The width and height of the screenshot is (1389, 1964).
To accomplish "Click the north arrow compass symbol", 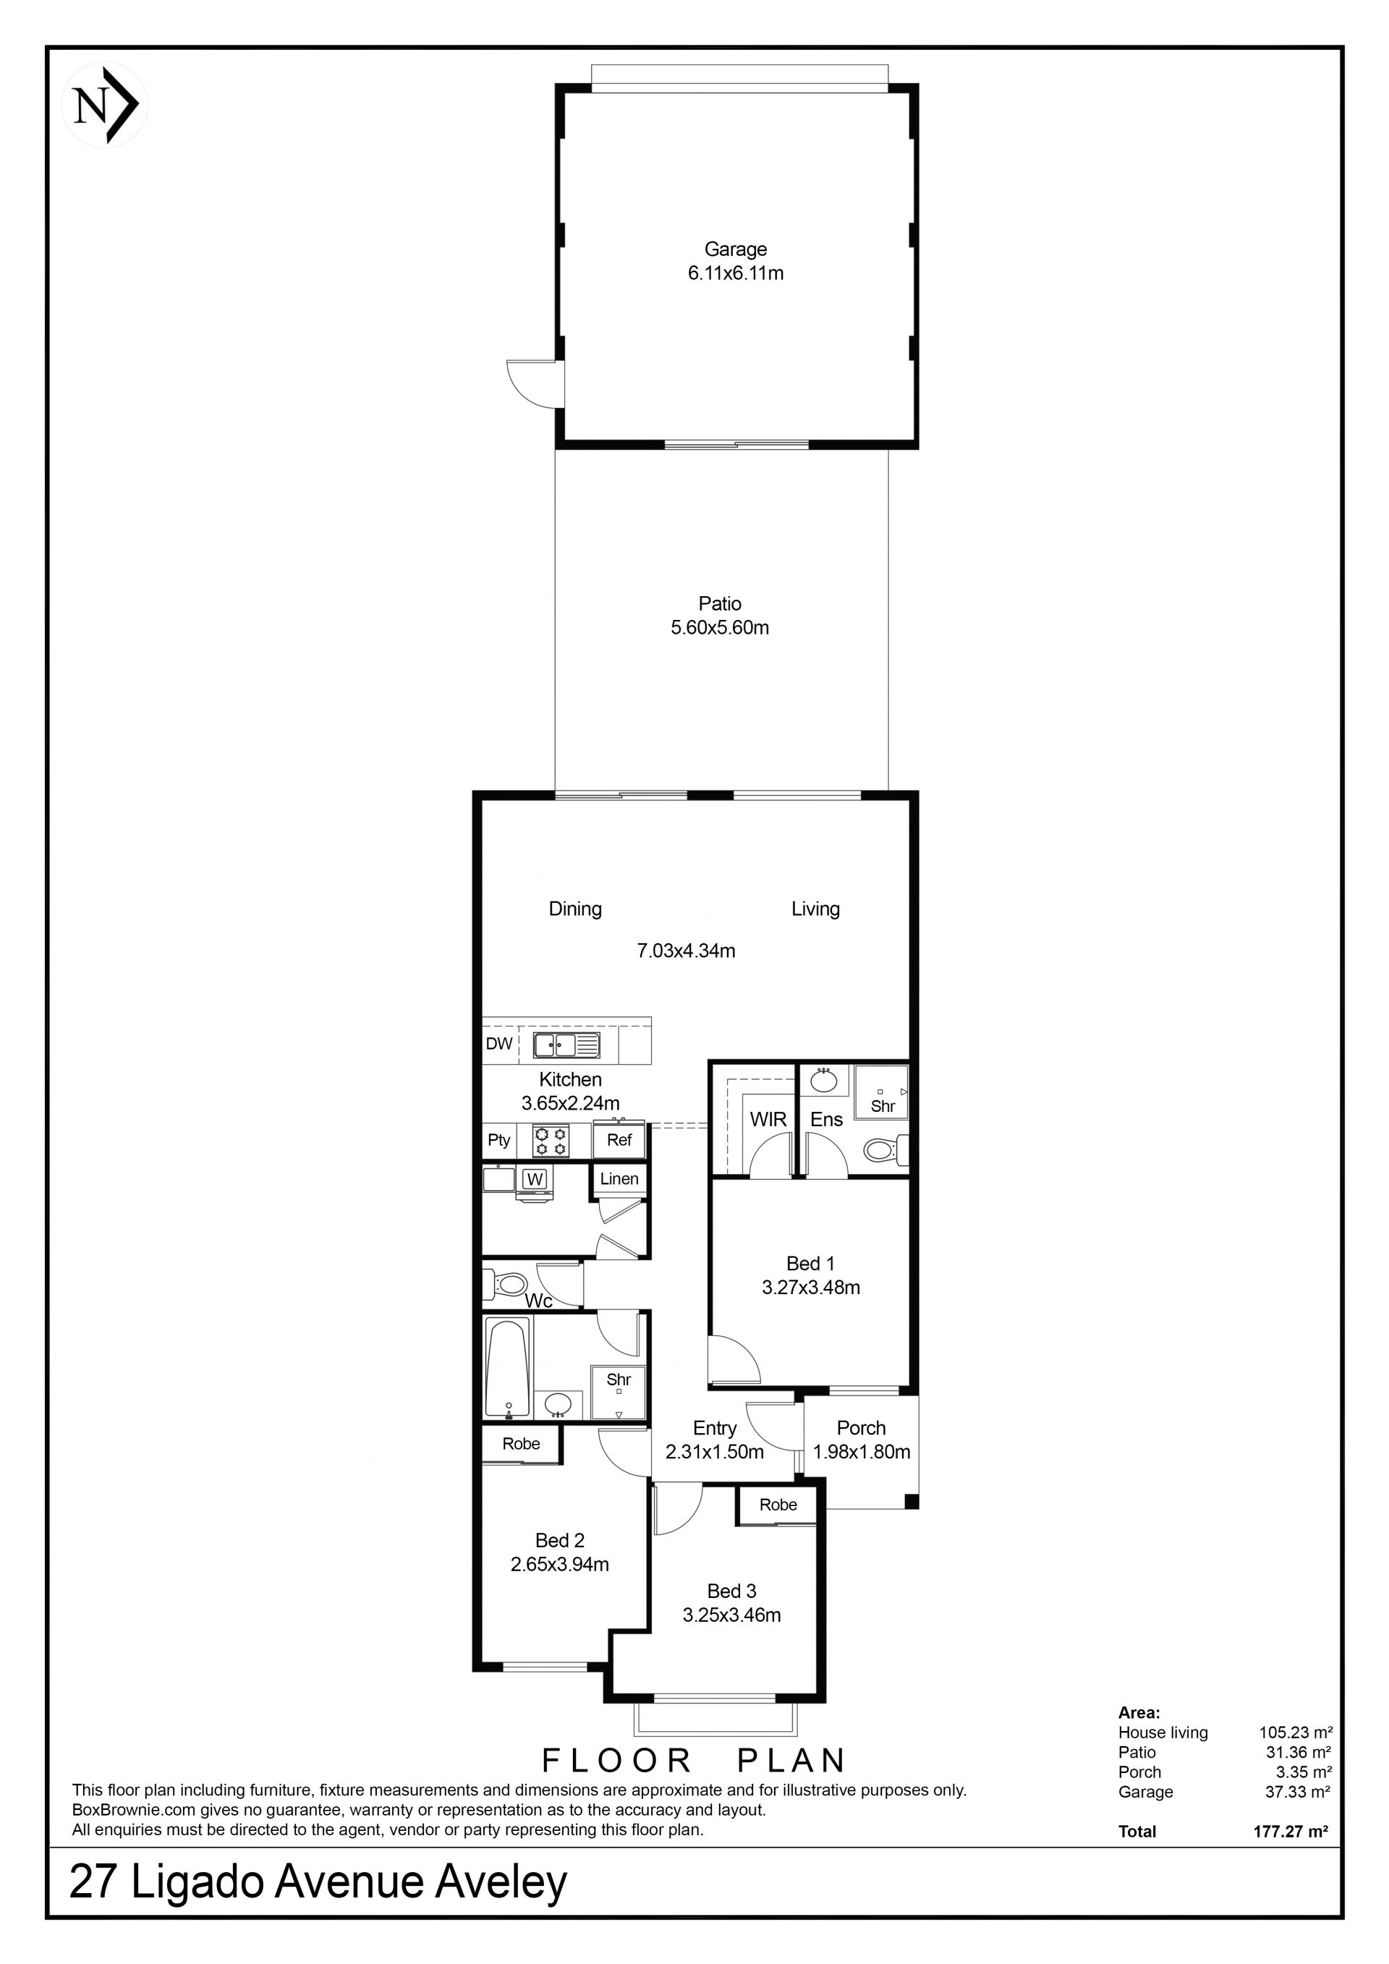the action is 105,105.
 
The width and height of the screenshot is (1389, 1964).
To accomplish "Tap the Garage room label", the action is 736,249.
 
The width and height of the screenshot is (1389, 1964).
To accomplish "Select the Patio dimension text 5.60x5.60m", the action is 719,627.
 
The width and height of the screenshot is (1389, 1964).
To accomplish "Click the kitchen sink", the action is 566,1045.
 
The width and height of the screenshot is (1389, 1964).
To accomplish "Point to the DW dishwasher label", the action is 498,1044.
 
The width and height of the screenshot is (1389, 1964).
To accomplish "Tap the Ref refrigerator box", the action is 619,1139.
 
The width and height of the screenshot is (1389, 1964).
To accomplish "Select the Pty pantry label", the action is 498,1140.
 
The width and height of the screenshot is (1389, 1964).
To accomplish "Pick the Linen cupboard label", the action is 619,1178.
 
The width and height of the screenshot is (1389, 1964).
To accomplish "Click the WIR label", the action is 768,1119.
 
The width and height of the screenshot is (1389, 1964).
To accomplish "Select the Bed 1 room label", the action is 810,1264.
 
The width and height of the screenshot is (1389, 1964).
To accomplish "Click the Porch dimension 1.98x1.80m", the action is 862,1452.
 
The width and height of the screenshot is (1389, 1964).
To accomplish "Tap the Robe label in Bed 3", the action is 778,1505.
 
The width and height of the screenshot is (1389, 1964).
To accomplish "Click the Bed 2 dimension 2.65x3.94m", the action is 559,1565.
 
